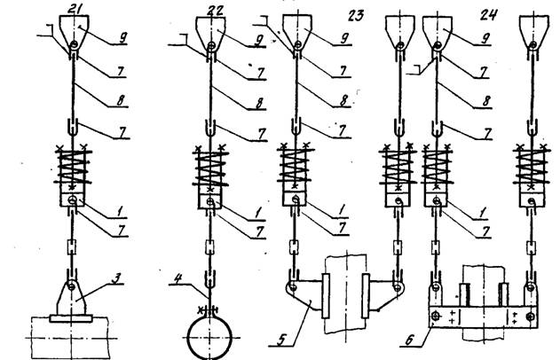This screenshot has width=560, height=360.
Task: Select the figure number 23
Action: click(355, 16)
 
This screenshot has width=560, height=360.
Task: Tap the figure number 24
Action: click(488, 14)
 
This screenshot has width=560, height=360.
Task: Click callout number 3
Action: click(115, 278)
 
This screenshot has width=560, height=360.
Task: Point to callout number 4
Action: click(178, 278)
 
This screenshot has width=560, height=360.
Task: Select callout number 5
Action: click(281, 340)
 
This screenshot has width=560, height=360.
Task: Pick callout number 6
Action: click(409, 340)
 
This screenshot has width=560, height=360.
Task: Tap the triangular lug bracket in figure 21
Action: click(71, 297)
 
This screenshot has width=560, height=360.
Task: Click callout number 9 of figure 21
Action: click(122, 38)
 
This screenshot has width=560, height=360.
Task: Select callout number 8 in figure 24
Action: click(486, 101)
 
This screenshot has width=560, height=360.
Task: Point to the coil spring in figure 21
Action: click(73, 167)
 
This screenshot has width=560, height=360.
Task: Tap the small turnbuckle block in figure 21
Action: click(72, 247)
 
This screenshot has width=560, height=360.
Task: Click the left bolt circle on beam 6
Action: click(436, 317)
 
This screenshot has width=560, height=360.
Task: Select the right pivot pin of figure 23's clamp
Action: click(397, 286)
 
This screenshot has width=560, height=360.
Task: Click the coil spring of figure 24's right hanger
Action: click(531, 167)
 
